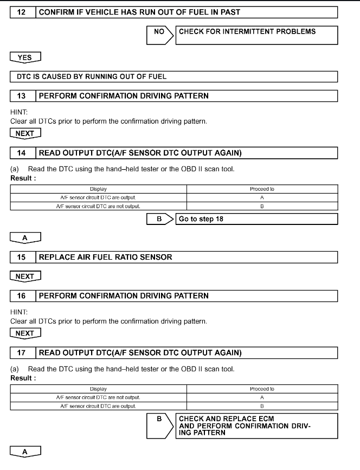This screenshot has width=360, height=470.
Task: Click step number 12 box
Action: click(23, 12)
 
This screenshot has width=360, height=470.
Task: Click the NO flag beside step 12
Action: click(159, 31)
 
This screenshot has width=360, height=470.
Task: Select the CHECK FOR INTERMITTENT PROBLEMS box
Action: click(258, 36)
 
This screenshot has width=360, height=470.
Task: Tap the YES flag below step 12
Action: click(25, 56)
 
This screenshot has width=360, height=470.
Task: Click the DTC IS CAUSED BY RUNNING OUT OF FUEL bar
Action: click(174, 76)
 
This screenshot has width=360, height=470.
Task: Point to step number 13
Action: click(23, 96)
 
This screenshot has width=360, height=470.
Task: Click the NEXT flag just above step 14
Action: click(25, 133)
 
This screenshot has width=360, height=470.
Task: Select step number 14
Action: click(23, 153)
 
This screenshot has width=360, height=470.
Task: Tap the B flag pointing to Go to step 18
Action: click(159, 219)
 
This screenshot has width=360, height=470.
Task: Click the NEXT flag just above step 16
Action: click(25, 277)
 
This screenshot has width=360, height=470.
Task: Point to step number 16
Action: click(23, 296)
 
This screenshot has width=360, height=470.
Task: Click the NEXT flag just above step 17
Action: click(25, 333)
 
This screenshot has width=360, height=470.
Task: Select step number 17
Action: click(23, 353)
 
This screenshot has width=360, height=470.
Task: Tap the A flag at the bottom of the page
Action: click(25, 451)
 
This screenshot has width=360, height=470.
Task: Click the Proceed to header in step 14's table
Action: click(262, 189)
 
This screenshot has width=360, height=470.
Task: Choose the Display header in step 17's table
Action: click(98, 389)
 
